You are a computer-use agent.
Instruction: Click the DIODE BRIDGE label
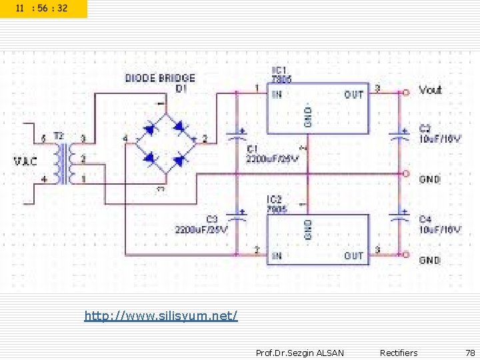tap(160, 79)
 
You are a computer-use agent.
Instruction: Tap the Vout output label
tap(431, 89)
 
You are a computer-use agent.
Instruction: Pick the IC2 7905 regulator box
tap(317, 239)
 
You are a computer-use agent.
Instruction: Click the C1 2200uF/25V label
tap(272, 154)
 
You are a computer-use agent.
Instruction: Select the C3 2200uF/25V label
tap(201, 225)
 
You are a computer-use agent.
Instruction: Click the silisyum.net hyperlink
tap(161, 315)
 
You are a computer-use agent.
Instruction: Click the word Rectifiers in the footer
tap(399, 353)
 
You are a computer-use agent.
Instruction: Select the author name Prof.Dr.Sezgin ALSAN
tap(300, 353)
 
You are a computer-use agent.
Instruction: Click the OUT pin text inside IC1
tap(353, 95)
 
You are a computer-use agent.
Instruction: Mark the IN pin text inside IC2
tap(277, 255)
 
